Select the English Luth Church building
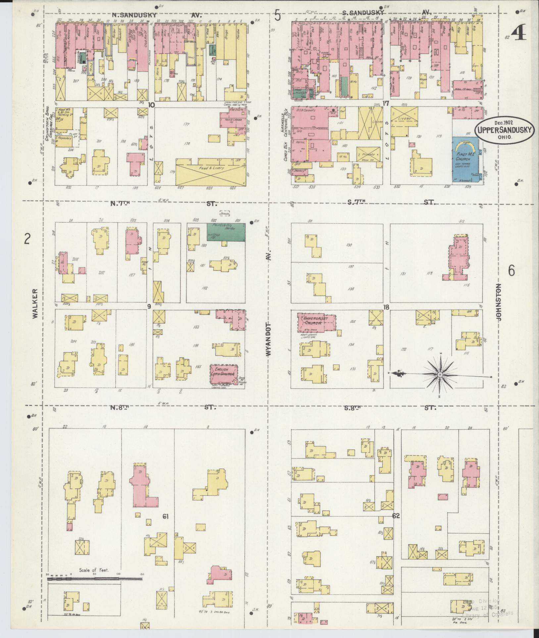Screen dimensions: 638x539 [224, 373]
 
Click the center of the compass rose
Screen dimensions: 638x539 [440, 374]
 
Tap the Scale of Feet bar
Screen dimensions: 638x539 [95, 347]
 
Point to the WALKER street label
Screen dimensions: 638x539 [35, 304]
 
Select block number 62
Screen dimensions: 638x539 [396, 515]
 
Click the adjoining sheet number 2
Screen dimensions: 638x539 [27, 238]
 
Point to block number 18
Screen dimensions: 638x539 [386, 307]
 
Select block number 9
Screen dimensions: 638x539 [149, 306]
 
